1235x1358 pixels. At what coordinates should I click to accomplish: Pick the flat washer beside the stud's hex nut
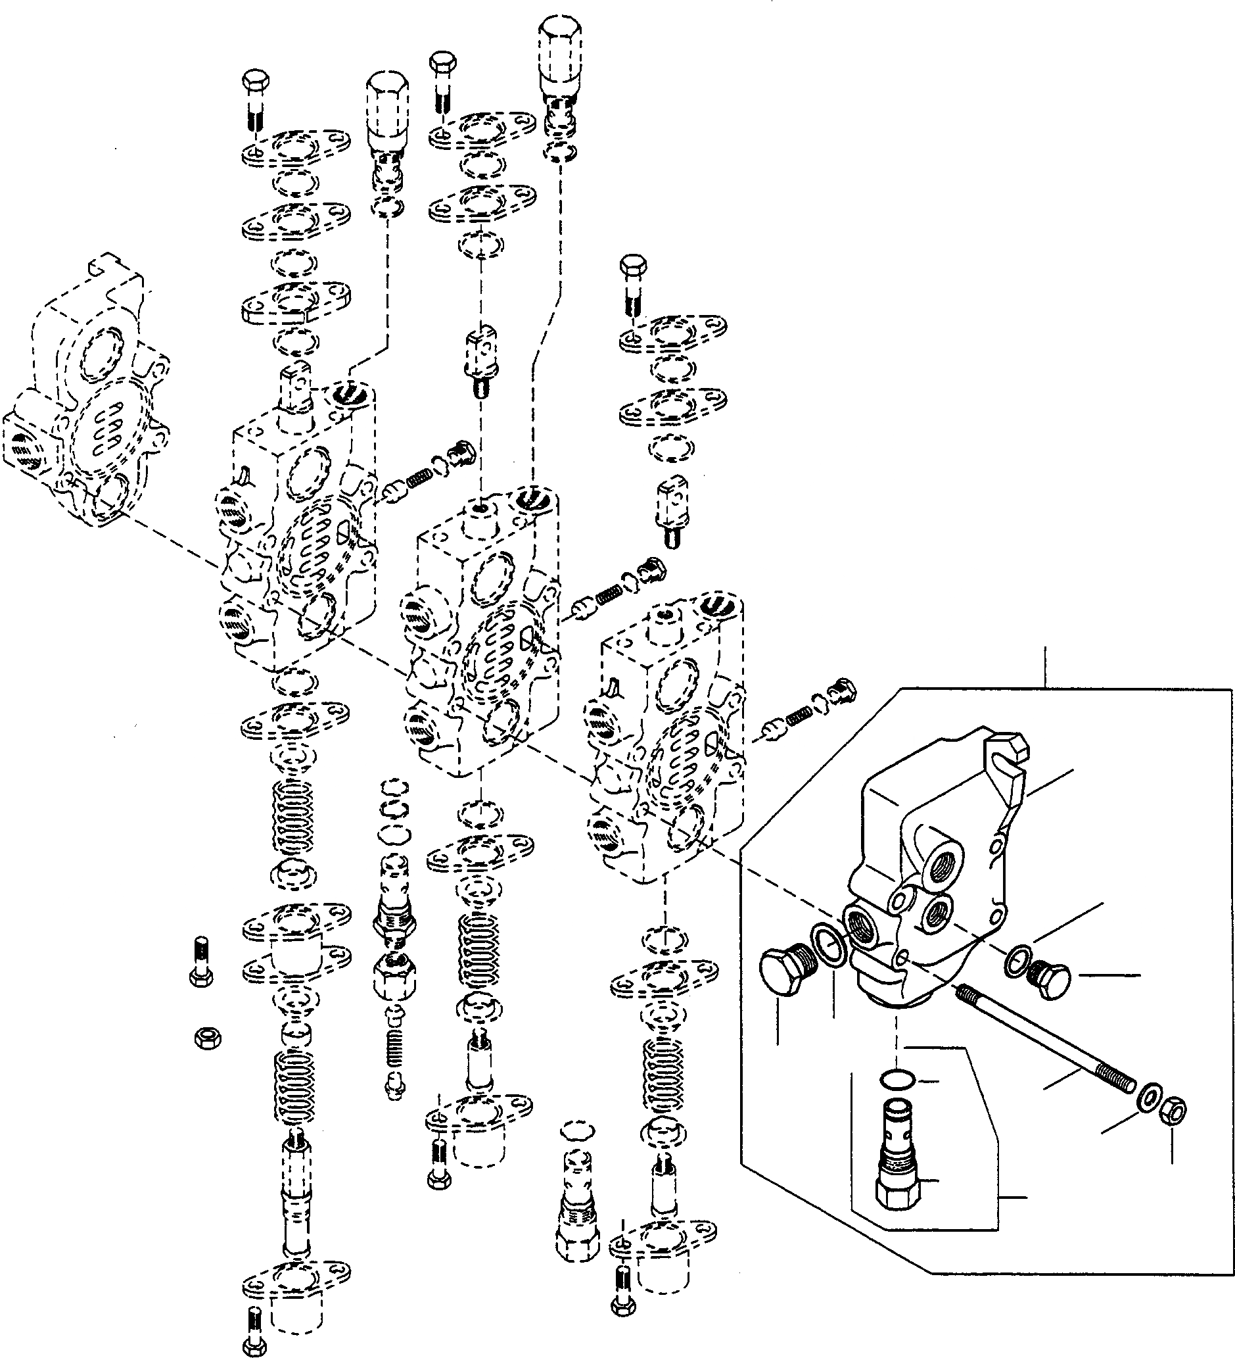point(1148,1100)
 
